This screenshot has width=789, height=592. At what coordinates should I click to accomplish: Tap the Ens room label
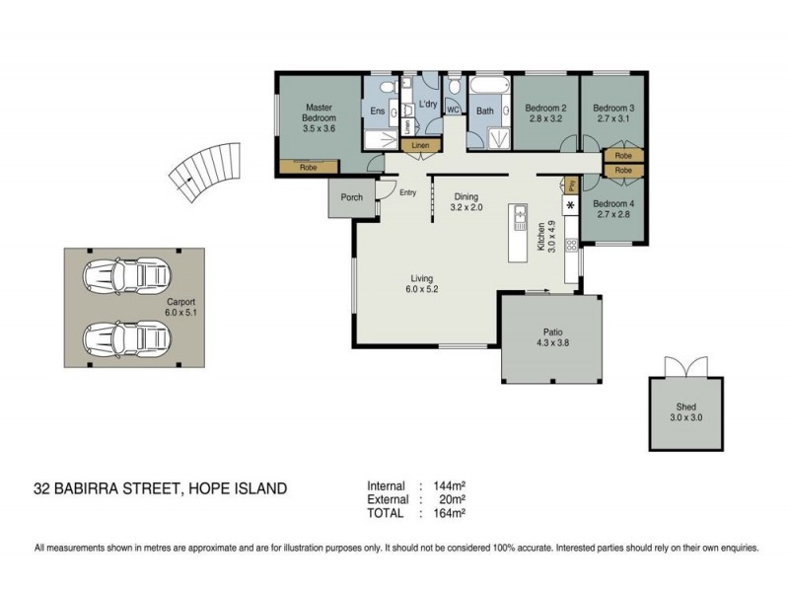[x=378, y=111]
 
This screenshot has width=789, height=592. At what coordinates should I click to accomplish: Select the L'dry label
[x=427, y=104]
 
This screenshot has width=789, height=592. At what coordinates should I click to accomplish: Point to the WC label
[x=454, y=111]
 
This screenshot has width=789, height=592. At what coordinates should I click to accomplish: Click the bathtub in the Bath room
[x=485, y=95]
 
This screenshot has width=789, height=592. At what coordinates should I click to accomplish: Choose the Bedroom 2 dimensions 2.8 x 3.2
[x=544, y=118]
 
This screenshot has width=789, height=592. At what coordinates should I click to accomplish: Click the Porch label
[x=351, y=197]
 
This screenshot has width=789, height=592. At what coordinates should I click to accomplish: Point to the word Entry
[x=408, y=193]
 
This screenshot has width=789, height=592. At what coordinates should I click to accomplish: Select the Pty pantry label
[x=570, y=185]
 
